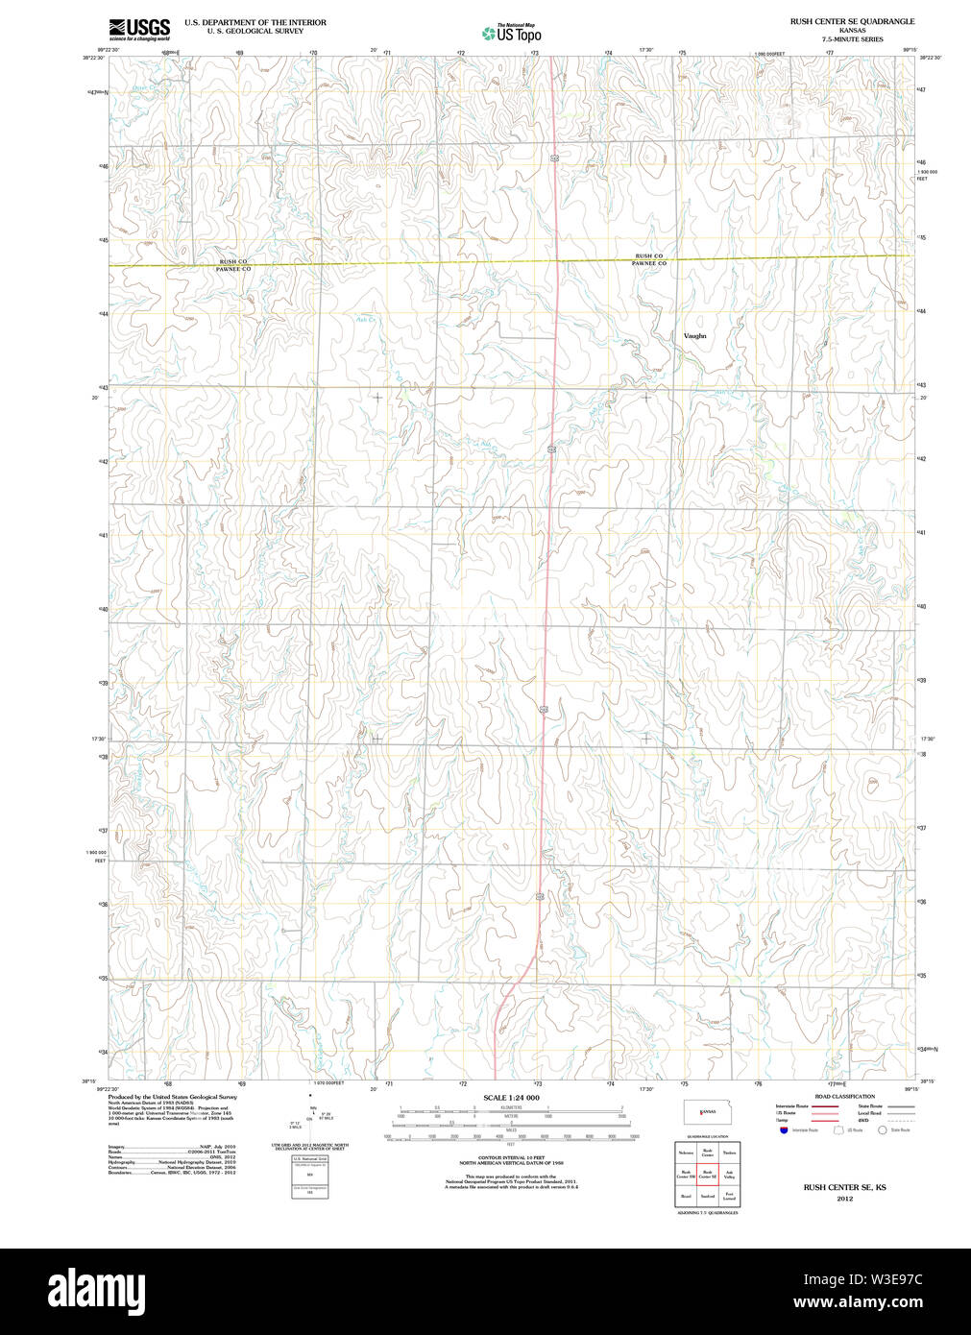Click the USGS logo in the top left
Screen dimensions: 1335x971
point(139,30)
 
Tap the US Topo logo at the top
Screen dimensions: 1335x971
point(512,34)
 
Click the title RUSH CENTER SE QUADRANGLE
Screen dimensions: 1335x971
point(852,21)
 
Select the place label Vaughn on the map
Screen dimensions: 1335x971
point(694,336)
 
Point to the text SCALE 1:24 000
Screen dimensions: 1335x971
point(511,1098)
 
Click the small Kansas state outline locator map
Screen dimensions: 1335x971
point(706,1112)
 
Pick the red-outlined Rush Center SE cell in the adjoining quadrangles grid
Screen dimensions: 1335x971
point(708,1174)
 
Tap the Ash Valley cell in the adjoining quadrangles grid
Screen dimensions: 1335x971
point(730,1174)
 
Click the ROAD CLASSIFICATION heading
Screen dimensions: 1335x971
point(844,1096)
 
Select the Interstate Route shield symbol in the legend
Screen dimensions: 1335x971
point(785,1130)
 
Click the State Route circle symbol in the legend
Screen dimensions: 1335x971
point(882,1130)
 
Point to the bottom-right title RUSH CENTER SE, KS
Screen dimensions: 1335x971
point(844,1187)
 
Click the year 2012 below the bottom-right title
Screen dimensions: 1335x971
point(844,1199)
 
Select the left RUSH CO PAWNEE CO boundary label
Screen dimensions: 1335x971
point(232,265)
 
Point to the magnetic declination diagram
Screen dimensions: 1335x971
point(310,1114)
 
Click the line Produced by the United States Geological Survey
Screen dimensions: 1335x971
point(173,1096)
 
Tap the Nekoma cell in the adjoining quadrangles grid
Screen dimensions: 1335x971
point(686,1152)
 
